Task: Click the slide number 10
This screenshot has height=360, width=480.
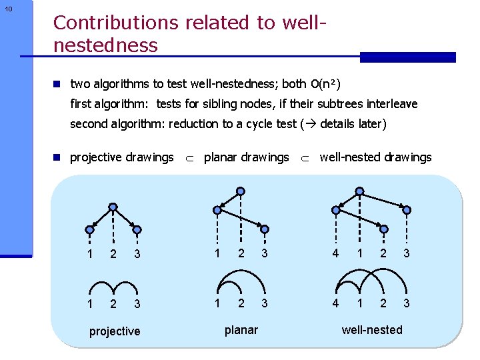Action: pos(8,9)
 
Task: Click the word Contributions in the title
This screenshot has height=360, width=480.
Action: pos(115,23)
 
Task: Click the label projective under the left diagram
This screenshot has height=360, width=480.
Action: pos(115,331)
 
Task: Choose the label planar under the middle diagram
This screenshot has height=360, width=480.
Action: pos(241,329)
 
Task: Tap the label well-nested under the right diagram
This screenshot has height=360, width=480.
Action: pos(372,329)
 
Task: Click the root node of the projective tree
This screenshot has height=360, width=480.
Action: pos(113,207)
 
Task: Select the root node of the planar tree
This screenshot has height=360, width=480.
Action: pos(241,191)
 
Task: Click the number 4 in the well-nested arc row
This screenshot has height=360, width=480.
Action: pos(335,303)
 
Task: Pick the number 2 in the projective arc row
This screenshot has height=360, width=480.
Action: pos(113,305)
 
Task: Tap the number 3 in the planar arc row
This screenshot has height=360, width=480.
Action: pos(265,303)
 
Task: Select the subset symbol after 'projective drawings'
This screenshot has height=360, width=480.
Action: pos(188,158)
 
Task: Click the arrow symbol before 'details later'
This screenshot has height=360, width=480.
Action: pos(310,124)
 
